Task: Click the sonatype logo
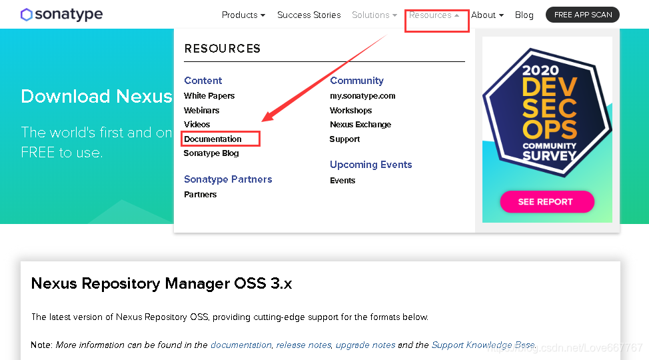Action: (x=61, y=15)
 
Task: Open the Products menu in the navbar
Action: (x=243, y=15)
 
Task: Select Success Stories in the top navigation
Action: (x=309, y=15)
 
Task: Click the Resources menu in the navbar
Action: (x=434, y=15)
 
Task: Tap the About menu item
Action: (x=487, y=15)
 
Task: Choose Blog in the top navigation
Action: (x=524, y=15)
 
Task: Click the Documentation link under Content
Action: (x=213, y=139)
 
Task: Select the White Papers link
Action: (x=209, y=96)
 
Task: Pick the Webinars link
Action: (x=201, y=111)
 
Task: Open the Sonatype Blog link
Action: (x=211, y=153)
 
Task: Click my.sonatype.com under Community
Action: (x=362, y=96)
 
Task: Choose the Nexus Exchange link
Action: (x=360, y=125)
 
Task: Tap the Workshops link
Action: (x=350, y=111)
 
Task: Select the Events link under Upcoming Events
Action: (x=342, y=181)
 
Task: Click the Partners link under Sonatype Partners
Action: (x=200, y=195)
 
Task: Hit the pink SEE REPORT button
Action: (x=546, y=201)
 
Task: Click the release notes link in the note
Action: (x=303, y=345)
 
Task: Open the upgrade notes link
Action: (x=365, y=345)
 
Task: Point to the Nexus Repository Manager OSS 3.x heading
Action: (x=161, y=283)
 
